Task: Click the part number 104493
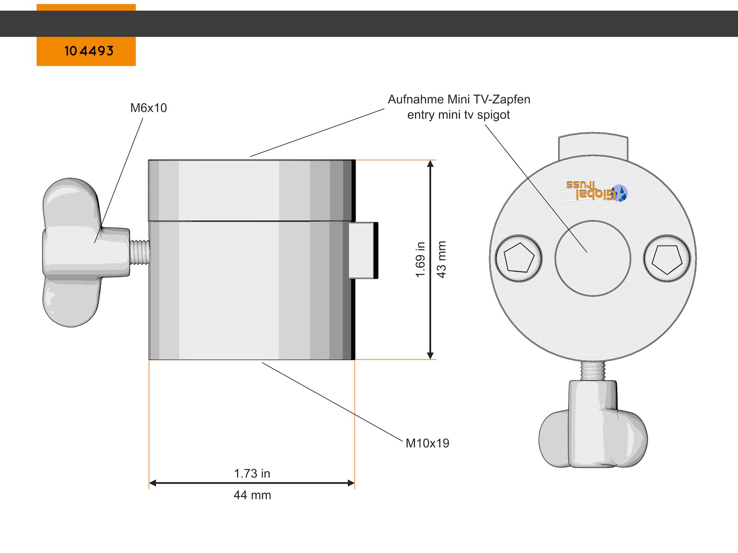click(89, 51)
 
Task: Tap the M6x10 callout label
click(148, 108)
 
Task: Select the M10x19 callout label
click(427, 443)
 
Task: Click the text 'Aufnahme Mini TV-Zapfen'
click(459, 99)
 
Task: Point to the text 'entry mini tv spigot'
click(459, 115)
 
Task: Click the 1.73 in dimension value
click(252, 474)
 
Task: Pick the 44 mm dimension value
click(252, 495)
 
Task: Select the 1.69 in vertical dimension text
click(421, 260)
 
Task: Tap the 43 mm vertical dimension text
click(441, 260)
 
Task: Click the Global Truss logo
click(594, 191)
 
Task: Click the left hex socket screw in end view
click(519, 258)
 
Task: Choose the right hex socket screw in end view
click(667, 258)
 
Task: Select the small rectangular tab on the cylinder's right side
click(363, 250)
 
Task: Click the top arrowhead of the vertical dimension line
click(430, 164)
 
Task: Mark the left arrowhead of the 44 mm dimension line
click(153, 483)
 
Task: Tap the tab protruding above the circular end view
click(593, 146)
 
